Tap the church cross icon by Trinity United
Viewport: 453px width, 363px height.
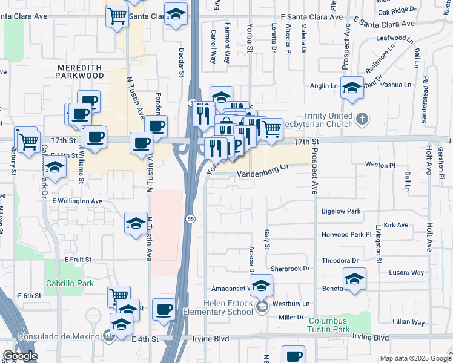[x=362, y=119]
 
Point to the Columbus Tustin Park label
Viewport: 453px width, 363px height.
[x=338, y=325]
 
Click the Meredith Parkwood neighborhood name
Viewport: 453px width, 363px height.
[x=80, y=71]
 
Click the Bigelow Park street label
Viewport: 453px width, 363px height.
[x=341, y=211]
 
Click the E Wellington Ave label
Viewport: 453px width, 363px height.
[x=77, y=200]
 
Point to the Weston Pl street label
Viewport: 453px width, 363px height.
[x=380, y=165]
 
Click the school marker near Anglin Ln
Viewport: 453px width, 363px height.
[x=352, y=87]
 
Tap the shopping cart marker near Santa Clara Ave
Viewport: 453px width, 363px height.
[x=117, y=16]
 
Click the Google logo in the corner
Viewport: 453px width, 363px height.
[x=20, y=356]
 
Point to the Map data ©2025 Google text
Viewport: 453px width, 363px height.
[x=415, y=358]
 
